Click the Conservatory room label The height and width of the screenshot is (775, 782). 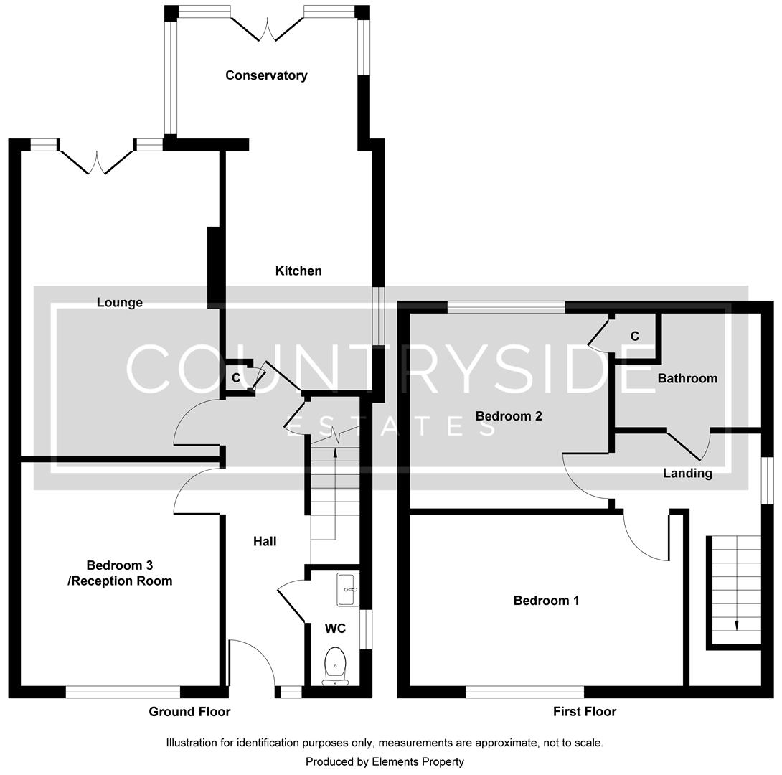[266, 75]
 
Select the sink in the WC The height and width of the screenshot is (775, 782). [347, 589]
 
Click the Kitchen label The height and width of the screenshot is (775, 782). [298, 271]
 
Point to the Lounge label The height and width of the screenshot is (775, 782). [120, 302]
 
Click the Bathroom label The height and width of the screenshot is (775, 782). [687, 378]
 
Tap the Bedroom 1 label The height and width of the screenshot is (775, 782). [546, 601]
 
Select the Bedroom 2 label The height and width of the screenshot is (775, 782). [509, 416]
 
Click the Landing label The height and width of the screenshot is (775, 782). [687, 473]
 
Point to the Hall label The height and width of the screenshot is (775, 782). [265, 541]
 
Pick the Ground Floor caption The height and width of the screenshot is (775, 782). [189, 712]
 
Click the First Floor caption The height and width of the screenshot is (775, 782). [584, 712]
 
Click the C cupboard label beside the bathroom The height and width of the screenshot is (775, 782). [634, 336]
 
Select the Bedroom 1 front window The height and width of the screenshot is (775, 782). [524, 692]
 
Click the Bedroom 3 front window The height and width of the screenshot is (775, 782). [123, 692]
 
